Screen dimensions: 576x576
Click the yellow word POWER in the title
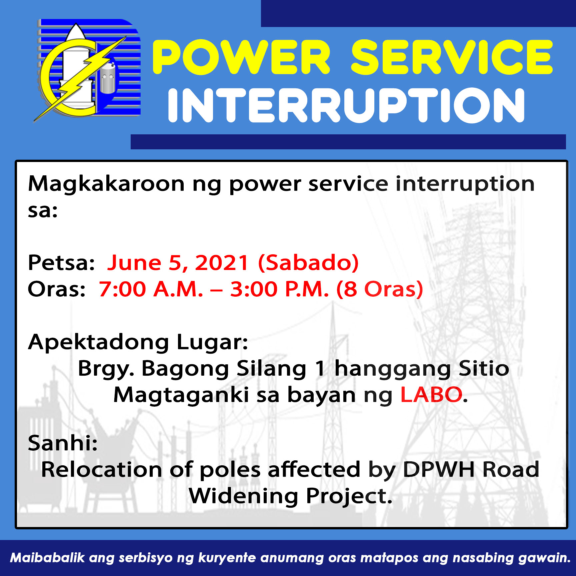coord(242,57)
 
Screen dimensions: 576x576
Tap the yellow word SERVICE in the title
coord(452,57)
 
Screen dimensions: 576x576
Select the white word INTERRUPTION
coord(347,105)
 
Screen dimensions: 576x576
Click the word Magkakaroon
coord(106,184)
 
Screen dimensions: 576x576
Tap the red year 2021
coord(222,263)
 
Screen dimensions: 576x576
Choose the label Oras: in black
coord(57,289)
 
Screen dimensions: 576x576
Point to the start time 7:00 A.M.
coord(151,289)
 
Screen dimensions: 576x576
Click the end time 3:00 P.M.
coord(280,289)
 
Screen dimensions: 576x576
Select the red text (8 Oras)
coord(380,289)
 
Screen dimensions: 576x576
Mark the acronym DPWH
coord(439,470)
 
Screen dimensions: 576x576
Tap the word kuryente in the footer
coord(227,558)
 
